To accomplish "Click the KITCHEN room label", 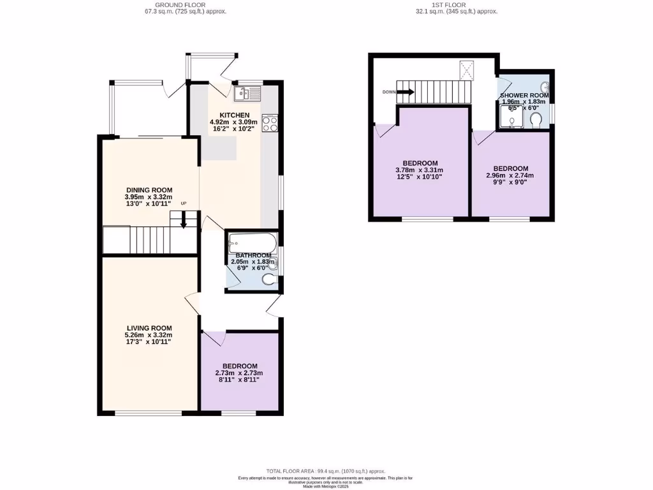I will tap(233, 115).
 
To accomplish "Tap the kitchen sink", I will tap(247, 94).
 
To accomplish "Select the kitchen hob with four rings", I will tap(270, 122).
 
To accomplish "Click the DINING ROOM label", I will tap(149, 189).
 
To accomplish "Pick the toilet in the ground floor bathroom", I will tap(270, 279).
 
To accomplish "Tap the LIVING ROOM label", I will tap(149, 328).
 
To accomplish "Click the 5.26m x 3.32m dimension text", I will tap(149, 335).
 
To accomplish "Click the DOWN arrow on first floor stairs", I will tap(406, 92).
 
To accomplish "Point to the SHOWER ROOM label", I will tap(524, 95).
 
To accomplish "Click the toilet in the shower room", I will tap(536, 120).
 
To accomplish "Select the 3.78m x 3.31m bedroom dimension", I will tap(420, 170).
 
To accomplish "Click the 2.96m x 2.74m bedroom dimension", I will tap(510, 175).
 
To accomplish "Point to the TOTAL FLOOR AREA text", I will tap(326, 471).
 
